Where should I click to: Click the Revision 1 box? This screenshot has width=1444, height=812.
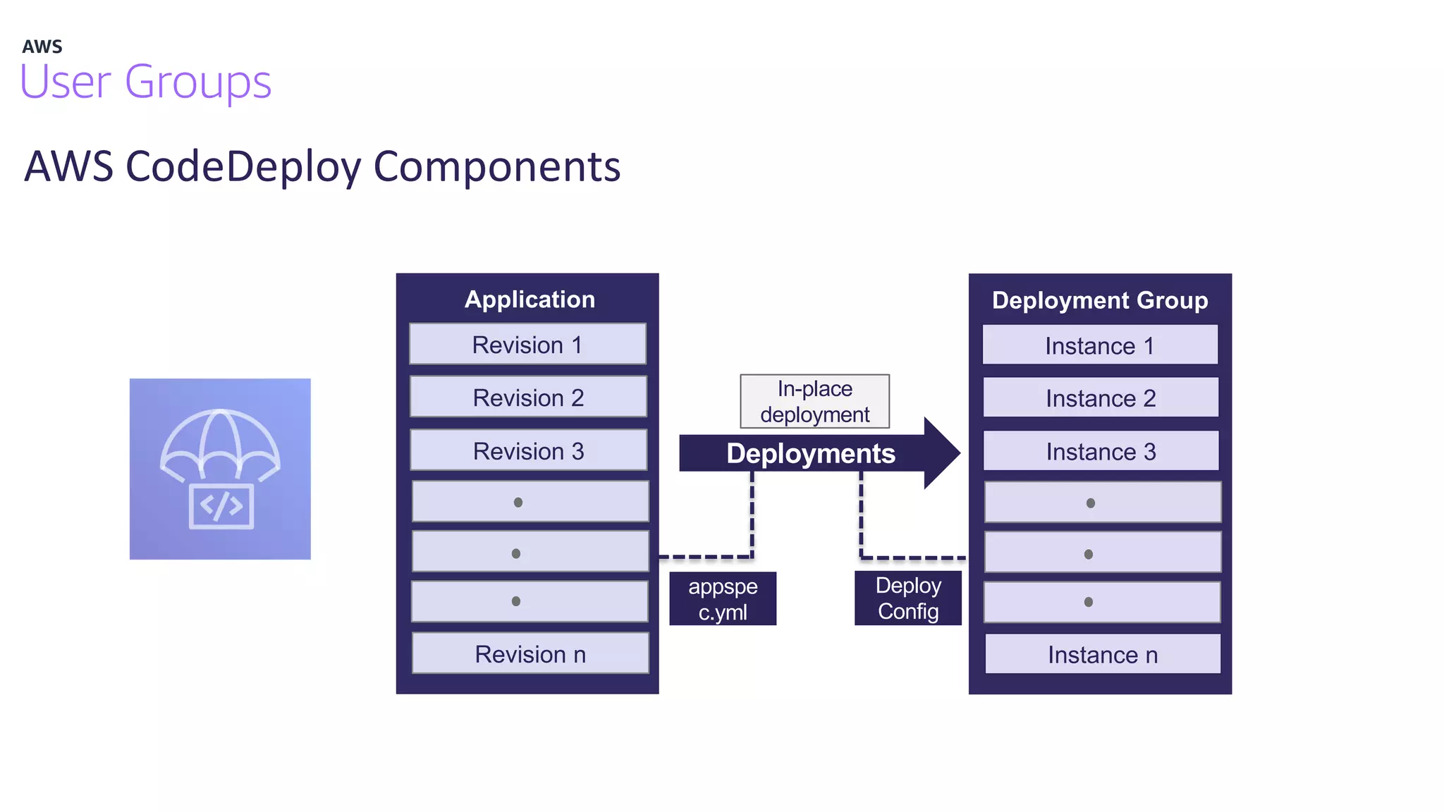pyautogui.click(x=527, y=345)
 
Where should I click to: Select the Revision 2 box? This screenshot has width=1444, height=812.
pyautogui.click(x=528, y=398)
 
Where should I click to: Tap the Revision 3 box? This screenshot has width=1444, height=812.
pyautogui.click(x=528, y=451)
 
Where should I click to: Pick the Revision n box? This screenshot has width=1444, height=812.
pyautogui.click(x=530, y=654)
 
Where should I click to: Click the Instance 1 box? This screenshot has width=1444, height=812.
pyautogui.click(x=1100, y=345)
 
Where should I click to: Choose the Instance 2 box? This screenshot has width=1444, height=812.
pyautogui.click(x=1101, y=398)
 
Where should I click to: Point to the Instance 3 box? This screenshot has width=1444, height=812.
pyautogui.click(x=1101, y=452)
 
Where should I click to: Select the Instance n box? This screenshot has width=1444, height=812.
pyautogui.click(x=1103, y=655)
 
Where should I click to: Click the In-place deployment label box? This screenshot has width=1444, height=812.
pyautogui.click(x=814, y=401)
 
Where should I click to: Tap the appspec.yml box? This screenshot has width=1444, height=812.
pyautogui.click(x=723, y=598)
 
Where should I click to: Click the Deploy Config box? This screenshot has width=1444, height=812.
pyautogui.click(x=908, y=598)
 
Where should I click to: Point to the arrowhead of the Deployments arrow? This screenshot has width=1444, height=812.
pyautogui.click(x=942, y=453)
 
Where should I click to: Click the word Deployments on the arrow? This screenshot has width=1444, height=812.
pyautogui.click(x=811, y=454)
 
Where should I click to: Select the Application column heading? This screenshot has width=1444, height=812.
pyautogui.click(x=530, y=300)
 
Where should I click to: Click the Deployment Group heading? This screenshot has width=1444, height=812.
pyautogui.click(x=1100, y=300)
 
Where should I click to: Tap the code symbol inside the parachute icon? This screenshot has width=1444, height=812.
pyautogui.click(x=221, y=506)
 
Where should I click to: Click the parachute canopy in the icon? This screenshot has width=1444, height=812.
pyautogui.click(x=220, y=441)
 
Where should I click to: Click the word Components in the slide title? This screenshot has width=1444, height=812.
pyautogui.click(x=496, y=167)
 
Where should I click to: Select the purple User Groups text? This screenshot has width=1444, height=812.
pyautogui.click(x=146, y=82)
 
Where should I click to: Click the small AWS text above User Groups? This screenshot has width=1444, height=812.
pyautogui.click(x=42, y=47)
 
